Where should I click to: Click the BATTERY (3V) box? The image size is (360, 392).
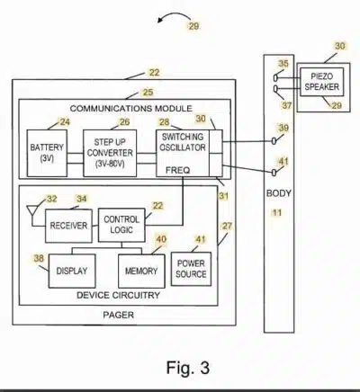[x=47, y=153]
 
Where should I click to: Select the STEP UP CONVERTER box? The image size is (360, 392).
[x=110, y=153]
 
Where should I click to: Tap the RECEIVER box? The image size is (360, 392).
[x=68, y=226]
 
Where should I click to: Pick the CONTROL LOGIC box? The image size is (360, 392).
[x=121, y=225]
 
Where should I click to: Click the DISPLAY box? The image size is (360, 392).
[x=72, y=271]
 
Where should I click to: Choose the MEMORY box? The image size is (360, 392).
[x=141, y=271]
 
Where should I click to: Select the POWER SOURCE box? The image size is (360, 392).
[x=191, y=269]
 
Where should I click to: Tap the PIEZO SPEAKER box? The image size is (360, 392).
[x=322, y=82]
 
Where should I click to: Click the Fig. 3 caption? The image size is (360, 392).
[x=188, y=368]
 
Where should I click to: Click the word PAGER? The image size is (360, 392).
[x=119, y=315]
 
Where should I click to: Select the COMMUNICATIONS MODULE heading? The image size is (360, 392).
[x=131, y=108]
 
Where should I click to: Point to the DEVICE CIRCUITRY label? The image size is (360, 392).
[x=118, y=295]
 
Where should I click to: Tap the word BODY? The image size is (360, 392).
[x=279, y=193]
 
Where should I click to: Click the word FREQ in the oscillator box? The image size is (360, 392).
[x=178, y=171]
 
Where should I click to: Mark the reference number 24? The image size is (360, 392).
[x=65, y=122]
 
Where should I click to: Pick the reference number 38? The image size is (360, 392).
[x=39, y=258]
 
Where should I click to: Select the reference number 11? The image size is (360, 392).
[x=277, y=213]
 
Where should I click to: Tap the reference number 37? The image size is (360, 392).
[x=287, y=105]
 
